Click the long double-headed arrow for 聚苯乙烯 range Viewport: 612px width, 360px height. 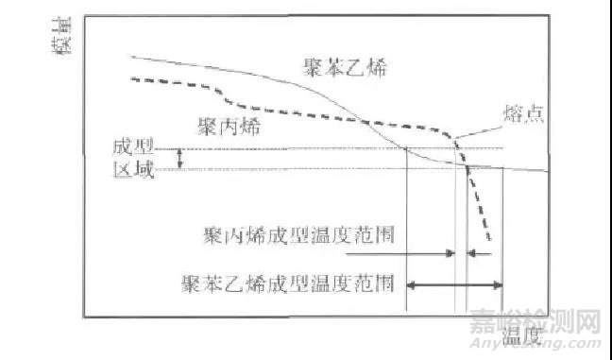pyautogui.click(x=454, y=283)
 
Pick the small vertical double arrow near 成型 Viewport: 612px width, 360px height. pyautogui.click(x=179, y=160)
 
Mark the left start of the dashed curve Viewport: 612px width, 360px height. pyautogui.click(x=132, y=79)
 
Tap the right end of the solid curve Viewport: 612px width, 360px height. pyautogui.click(x=548, y=171)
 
